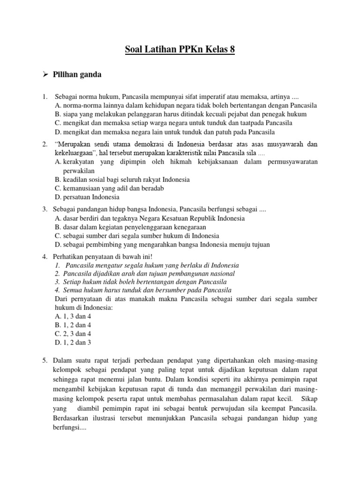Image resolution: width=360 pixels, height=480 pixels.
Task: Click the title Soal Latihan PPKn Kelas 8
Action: click(180, 49)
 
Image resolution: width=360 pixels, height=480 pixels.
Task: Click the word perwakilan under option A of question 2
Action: click(79, 171)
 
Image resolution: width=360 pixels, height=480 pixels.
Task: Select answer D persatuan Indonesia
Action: click(87, 197)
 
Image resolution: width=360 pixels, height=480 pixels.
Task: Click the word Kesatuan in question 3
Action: click(171, 218)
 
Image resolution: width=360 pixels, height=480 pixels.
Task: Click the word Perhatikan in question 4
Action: click(70, 256)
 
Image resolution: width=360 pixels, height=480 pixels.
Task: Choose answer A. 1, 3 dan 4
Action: click(73, 316)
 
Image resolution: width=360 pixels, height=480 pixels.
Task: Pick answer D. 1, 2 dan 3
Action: click(73, 343)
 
